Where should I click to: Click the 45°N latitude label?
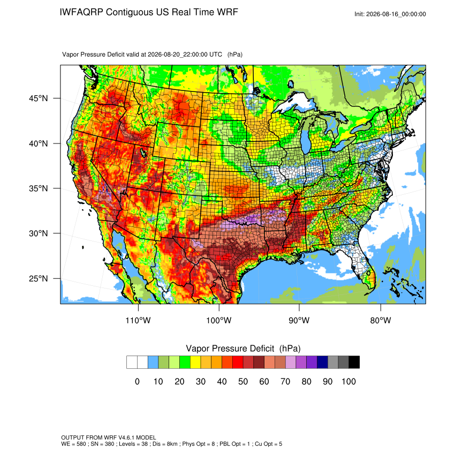point(38,98)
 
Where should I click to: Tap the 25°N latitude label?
point(38,278)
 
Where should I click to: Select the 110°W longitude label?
point(138,320)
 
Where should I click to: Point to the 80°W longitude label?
point(381,320)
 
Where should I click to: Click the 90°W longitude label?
point(299,320)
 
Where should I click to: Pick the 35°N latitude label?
point(38,188)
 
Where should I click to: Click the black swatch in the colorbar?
point(354,362)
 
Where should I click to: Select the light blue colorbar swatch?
point(153,362)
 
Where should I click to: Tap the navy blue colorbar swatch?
point(322,362)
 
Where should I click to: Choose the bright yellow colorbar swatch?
point(195,362)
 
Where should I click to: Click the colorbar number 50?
point(243,381)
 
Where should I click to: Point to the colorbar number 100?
point(348,381)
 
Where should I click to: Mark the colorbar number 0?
point(137,381)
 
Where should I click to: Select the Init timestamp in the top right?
point(390,14)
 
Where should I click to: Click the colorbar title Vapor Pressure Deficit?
point(230,348)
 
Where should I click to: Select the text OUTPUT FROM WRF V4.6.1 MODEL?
point(109,437)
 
